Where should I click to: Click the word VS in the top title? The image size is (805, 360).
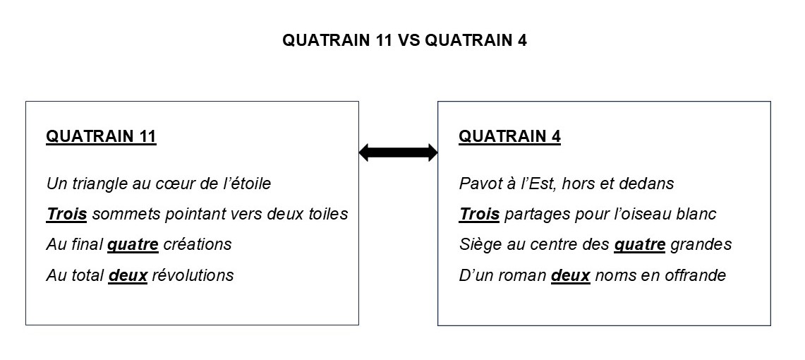(x=409, y=40)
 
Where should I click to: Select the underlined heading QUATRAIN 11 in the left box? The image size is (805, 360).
(x=101, y=137)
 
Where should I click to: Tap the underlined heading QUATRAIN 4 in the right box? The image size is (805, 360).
(x=509, y=137)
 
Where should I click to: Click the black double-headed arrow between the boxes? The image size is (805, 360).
(x=398, y=152)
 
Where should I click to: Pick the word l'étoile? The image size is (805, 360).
(x=247, y=184)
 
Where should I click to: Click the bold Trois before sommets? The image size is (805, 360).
(x=66, y=214)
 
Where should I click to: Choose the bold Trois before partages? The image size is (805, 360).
(x=479, y=214)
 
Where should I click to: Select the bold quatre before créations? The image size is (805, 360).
(x=133, y=245)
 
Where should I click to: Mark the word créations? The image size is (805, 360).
(x=198, y=244)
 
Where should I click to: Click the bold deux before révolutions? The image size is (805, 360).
(x=128, y=275)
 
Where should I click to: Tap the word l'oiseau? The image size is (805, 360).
(x=642, y=214)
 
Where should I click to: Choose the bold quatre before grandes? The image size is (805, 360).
(x=640, y=245)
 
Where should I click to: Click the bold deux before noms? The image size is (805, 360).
(x=571, y=275)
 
